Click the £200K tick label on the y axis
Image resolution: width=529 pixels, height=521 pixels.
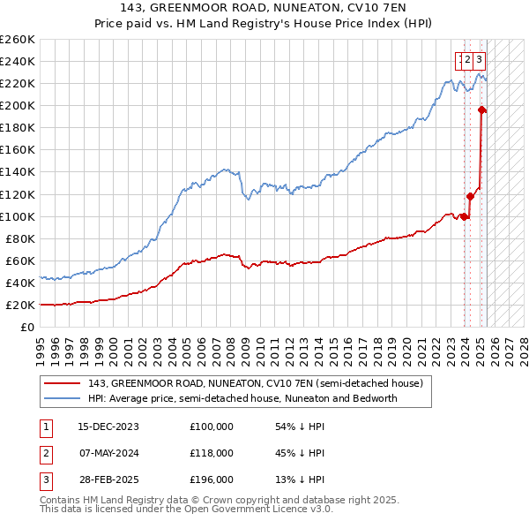coord(18,105)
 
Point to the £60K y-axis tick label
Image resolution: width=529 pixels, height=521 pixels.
coord(20,260)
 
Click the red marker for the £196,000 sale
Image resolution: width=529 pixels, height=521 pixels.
coord(481,109)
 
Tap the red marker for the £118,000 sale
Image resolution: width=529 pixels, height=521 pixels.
coord(470,196)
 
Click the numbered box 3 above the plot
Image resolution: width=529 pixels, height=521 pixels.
coord(479,60)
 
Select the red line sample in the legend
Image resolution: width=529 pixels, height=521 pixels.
coord(62,383)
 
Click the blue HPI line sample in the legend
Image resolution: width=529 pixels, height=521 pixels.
coord(62,398)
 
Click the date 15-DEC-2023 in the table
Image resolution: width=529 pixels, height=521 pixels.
coord(108,427)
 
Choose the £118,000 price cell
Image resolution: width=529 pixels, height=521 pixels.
coord(212,453)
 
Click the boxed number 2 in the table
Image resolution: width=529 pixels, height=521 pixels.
coord(46,453)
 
